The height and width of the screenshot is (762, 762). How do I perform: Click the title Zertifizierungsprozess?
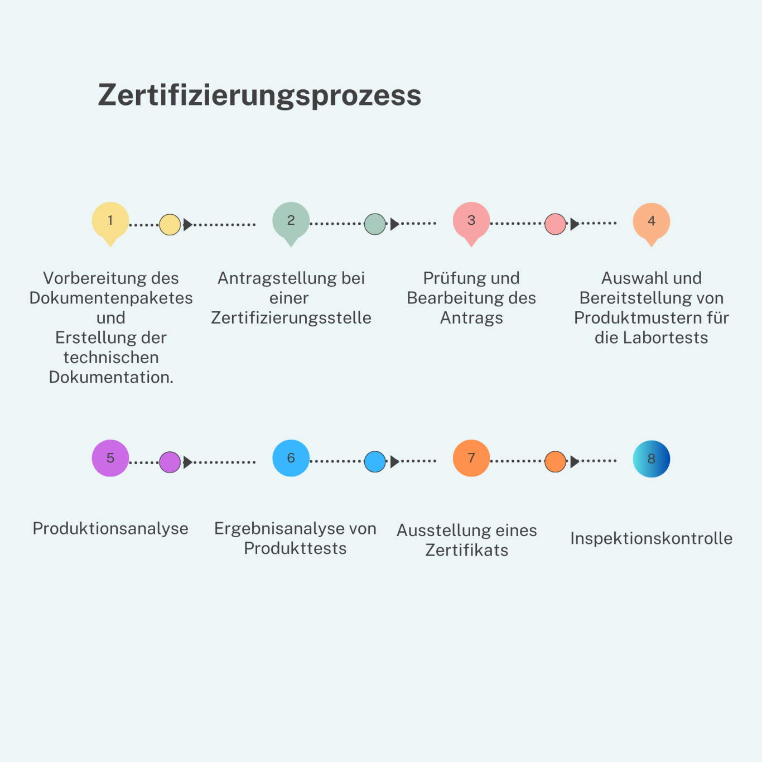point(259,96)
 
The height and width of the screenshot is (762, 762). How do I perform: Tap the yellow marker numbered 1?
point(110,223)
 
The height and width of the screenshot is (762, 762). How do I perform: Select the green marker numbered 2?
point(291,223)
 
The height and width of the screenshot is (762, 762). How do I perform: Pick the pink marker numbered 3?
point(471,223)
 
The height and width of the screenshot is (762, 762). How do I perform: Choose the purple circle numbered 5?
point(110,458)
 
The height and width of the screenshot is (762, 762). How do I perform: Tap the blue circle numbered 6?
point(291,458)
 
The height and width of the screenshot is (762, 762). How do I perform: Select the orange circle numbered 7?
point(471,458)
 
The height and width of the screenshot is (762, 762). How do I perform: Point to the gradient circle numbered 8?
point(652,459)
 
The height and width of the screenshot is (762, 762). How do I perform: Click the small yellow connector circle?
point(170,225)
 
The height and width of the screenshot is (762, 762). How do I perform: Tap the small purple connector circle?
point(170,462)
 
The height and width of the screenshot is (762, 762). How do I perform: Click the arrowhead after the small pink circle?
point(575,224)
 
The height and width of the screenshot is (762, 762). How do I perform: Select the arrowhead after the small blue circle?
point(394,461)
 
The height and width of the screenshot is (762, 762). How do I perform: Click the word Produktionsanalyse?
point(110,529)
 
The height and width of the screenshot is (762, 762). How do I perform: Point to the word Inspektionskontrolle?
point(652,538)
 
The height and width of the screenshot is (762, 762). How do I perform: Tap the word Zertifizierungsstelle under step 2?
point(291,318)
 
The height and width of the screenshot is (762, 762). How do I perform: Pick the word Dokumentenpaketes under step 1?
point(110,298)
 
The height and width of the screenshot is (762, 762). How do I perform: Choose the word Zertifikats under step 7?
point(466,551)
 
